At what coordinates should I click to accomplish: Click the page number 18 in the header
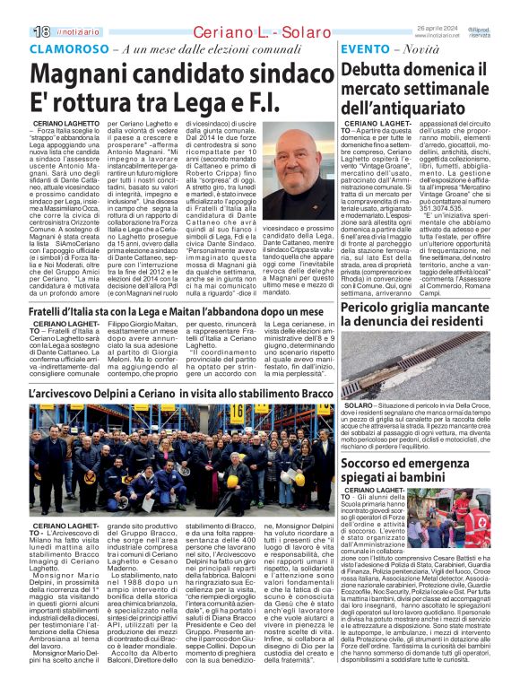click(x=40, y=31)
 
